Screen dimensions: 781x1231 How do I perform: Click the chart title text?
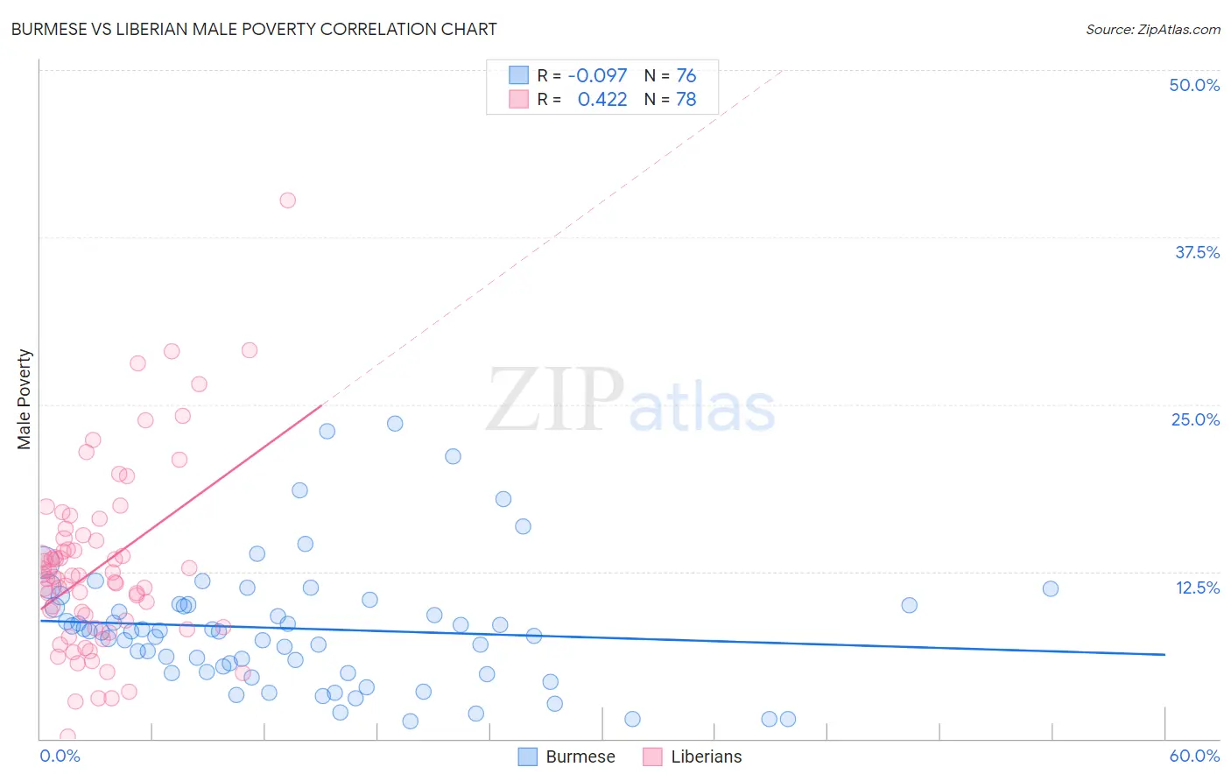(254, 29)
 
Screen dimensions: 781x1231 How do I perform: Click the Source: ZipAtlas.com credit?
(1152, 29)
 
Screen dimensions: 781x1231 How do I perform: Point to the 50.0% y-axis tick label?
(1194, 85)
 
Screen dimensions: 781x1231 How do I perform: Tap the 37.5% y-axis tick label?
(1197, 252)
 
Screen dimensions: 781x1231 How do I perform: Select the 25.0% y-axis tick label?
(1195, 419)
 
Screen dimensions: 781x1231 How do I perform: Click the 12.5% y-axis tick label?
(1197, 588)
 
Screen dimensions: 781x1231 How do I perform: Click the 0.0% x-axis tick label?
(60, 756)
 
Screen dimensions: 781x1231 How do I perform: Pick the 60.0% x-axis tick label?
(1194, 756)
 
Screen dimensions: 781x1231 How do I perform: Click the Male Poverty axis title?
(25, 399)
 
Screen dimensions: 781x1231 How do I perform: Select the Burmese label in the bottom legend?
(580, 756)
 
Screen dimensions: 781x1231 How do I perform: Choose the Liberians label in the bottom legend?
(706, 756)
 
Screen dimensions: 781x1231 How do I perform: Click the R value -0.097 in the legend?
(597, 75)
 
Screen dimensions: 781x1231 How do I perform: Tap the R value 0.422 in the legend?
(602, 99)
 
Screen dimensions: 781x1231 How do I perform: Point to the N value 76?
(686, 75)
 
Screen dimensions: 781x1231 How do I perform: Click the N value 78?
(686, 99)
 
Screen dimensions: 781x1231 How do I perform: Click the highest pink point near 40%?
(287, 201)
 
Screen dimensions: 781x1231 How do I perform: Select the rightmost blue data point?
(1051, 588)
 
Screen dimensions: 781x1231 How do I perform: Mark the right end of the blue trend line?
(1164, 654)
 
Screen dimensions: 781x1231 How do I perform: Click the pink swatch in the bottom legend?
(652, 756)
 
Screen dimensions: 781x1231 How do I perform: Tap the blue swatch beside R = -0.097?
(518, 75)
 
